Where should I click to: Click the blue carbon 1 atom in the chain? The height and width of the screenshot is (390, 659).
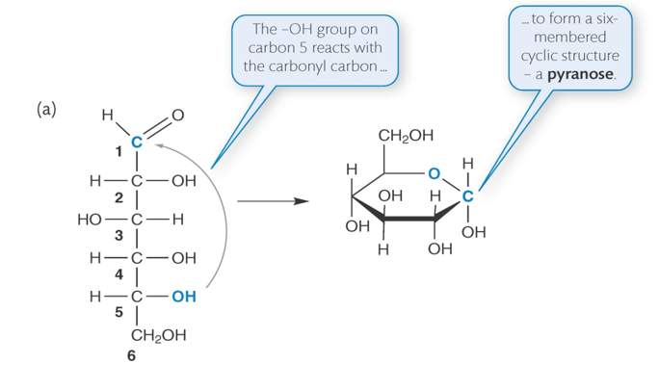coord(138,143)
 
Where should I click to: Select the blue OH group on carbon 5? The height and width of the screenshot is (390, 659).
coord(183,298)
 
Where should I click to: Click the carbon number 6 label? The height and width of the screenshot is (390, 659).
coord(131,356)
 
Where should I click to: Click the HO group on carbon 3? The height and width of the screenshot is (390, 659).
coord(90,220)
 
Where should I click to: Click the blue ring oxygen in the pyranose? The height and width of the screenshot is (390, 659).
coord(435,174)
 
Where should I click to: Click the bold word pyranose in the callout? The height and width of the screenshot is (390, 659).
coord(581,73)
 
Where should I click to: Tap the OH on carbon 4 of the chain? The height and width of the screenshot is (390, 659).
coord(183,258)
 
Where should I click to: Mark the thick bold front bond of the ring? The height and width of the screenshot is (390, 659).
coord(409,221)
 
